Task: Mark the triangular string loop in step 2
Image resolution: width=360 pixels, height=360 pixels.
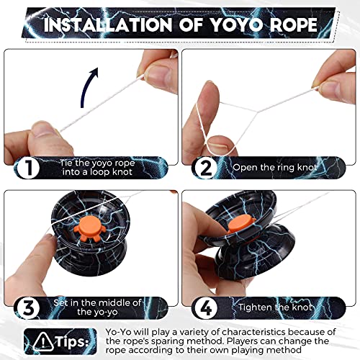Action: click(x=238, y=108)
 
